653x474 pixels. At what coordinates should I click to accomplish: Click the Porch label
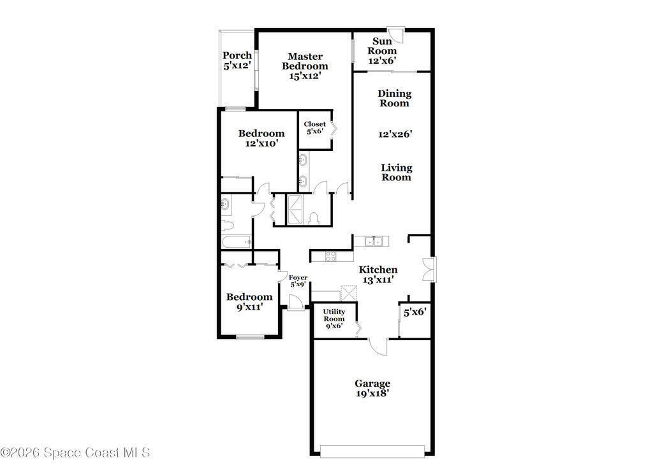tap(237, 55)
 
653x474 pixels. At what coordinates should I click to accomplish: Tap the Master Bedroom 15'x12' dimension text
tap(305, 76)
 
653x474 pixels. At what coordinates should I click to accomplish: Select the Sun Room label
tap(382, 46)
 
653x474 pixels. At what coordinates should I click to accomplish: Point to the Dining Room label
tap(394, 98)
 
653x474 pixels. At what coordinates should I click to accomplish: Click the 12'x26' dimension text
tap(395, 134)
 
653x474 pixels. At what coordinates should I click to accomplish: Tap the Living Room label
tap(397, 172)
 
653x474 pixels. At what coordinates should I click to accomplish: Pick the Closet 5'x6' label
tap(315, 127)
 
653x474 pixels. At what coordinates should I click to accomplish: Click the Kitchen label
tap(378, 269)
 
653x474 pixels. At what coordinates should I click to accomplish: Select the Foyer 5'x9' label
tap(298, 281)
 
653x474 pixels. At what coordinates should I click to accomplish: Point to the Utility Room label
tap(334, 315)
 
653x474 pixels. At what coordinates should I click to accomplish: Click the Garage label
tap(372, 384)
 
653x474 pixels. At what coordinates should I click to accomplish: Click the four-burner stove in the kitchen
tap(331, 256)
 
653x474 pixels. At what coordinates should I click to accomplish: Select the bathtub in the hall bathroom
tap(236, 242)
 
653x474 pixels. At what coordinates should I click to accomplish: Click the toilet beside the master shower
tap(314, 219)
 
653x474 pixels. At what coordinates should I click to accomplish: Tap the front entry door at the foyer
tap(295, 303)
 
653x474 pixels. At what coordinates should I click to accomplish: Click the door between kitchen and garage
tap(378, 347)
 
